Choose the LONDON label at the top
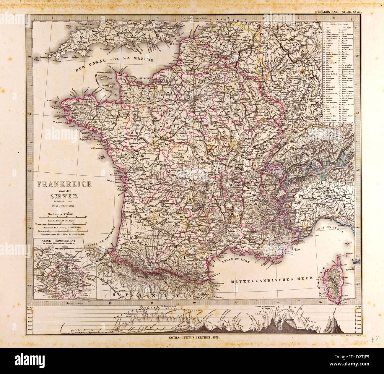(149, 20)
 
